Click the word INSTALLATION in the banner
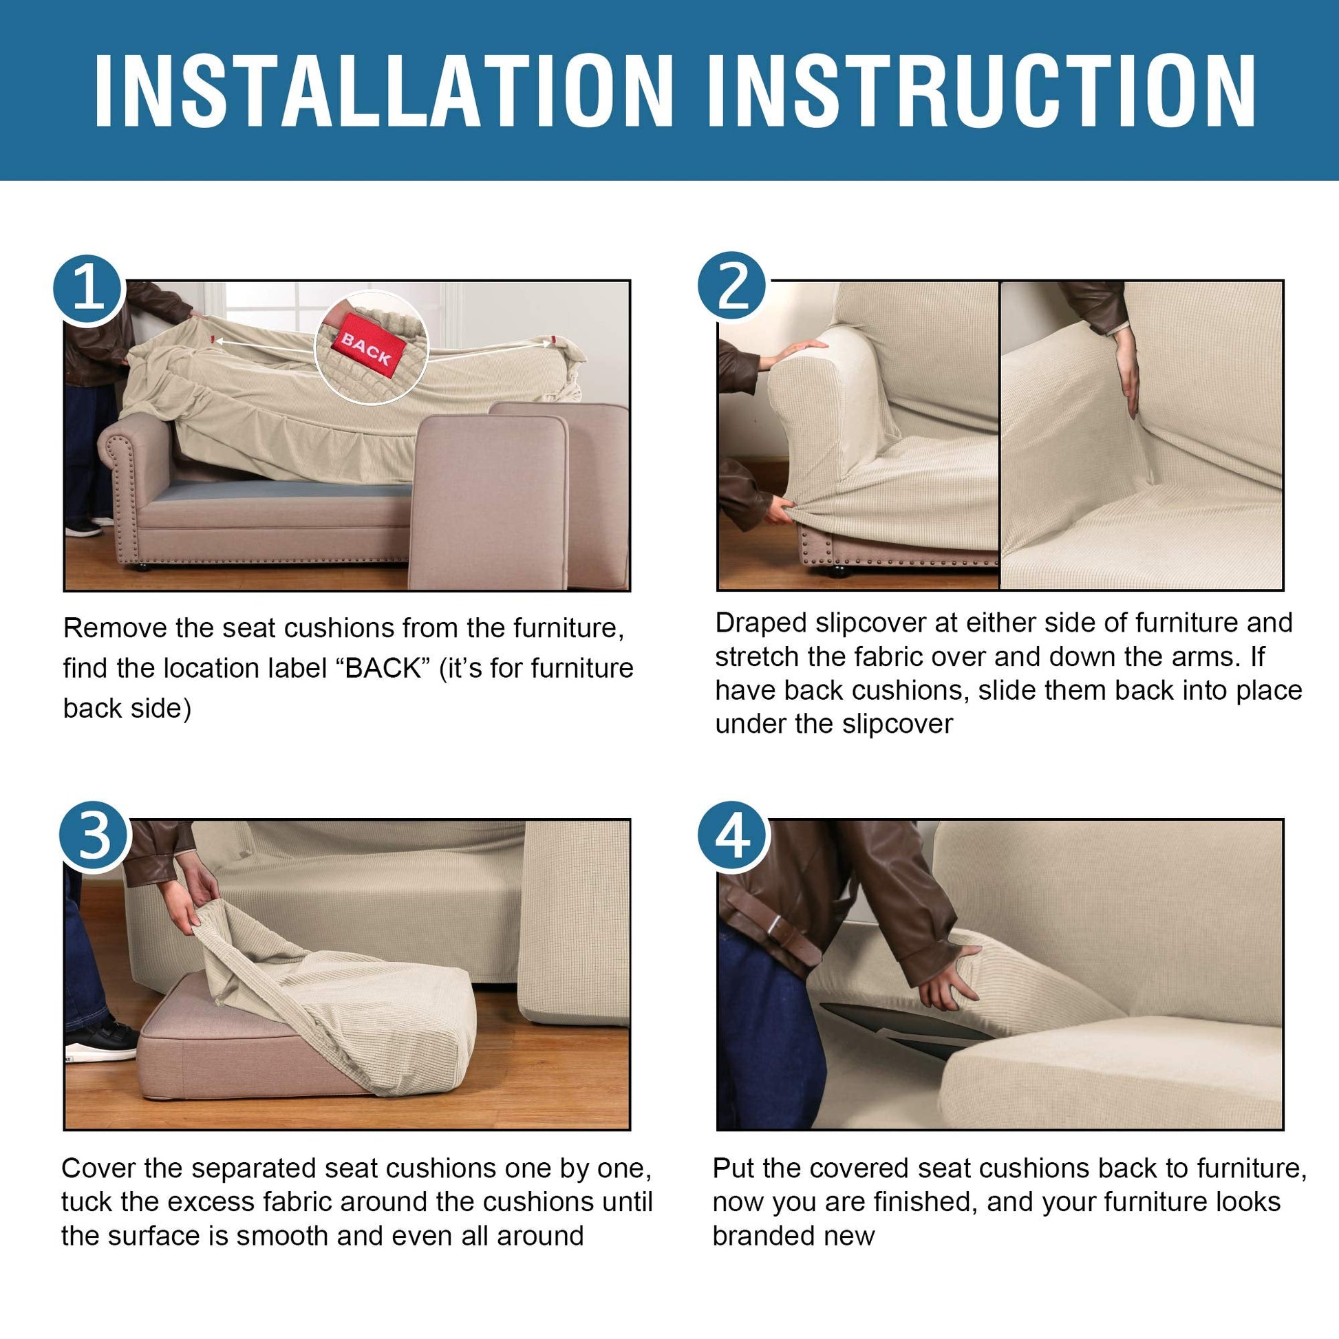pyautogui.click(x=383, y=90)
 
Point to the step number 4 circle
pyautogui.click(x=733, y=837)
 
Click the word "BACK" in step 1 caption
pyautogui.click(x=383, y=669)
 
